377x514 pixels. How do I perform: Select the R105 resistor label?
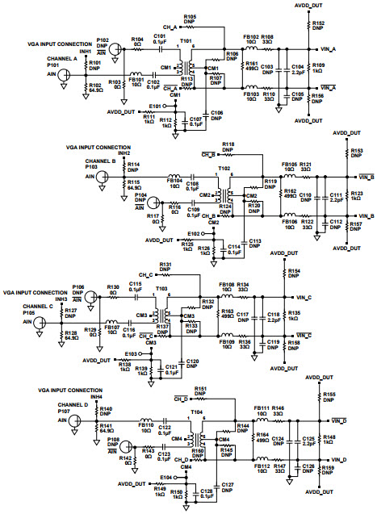(190, 16)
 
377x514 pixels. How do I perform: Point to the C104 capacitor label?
(297, 66)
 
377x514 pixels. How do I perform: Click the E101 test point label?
(156, 107)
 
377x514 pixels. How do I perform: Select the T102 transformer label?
(224, 170)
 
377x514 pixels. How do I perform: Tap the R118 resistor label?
(228, 143)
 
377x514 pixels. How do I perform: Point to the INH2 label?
(124, 153)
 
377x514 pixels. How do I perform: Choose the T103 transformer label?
(161, 287)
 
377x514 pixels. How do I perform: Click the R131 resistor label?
(165, 264)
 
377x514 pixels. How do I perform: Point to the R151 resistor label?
(201, 388)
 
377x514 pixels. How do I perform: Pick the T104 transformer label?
(195, 412)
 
